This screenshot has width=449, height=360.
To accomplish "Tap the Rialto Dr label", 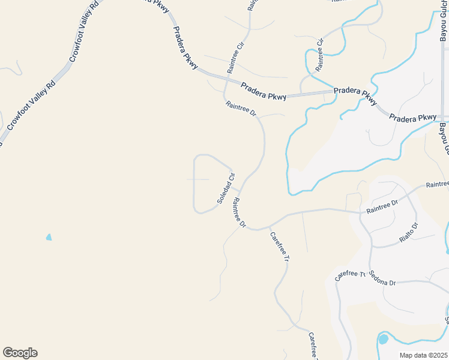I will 408,233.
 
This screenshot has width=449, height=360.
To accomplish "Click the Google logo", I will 20,353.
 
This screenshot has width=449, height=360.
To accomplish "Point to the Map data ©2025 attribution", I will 424,355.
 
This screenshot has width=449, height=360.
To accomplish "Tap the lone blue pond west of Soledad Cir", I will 49,237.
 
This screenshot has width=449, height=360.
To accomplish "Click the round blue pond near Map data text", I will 383,340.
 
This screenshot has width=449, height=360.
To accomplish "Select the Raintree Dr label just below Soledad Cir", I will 240,213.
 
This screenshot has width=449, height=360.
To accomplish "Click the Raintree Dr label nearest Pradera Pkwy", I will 241,109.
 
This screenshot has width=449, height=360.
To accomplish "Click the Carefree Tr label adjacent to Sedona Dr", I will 350,275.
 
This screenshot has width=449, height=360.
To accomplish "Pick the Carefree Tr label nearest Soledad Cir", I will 280,248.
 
